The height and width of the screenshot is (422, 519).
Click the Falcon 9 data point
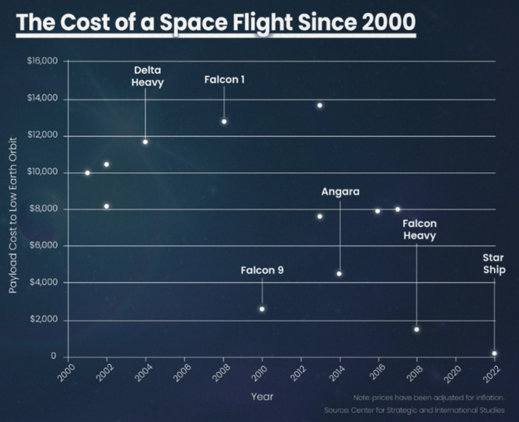pos(262,309)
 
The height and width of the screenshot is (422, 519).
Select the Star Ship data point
pos(494,353)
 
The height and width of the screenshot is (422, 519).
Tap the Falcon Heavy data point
pos(417,329)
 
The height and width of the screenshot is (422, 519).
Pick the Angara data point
pos(339,274)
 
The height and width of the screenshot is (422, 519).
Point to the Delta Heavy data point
pos(145,142)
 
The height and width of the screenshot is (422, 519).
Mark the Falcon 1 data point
pos(224,122)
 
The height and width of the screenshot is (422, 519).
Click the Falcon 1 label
pos(225,80)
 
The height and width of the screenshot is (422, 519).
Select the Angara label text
pos(340,192)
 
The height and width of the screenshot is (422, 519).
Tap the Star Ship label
pos(494,263)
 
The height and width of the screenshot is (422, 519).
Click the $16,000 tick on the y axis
pos(42,61)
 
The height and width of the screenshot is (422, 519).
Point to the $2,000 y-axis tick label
pos(43,319)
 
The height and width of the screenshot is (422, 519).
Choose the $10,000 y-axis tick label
pos(42,172)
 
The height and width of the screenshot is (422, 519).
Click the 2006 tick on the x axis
pos(182,373)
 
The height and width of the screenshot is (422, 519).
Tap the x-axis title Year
pos(262,397)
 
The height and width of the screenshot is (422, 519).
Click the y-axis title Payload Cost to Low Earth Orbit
pos(12,216)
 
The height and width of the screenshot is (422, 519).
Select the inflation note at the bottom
pos(429,397)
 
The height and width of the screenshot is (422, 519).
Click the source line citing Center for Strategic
pos(415,410)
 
